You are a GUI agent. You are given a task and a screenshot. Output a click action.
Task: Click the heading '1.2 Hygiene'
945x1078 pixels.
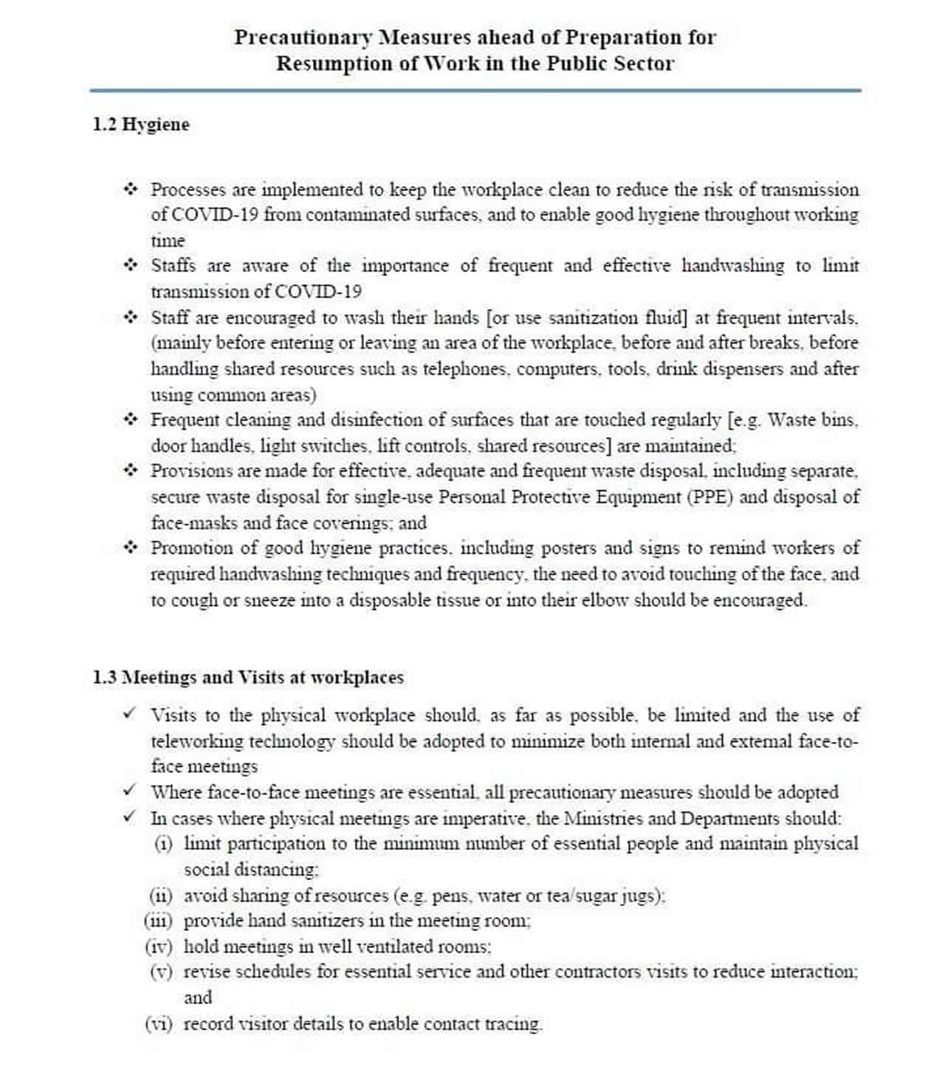click(141, 125)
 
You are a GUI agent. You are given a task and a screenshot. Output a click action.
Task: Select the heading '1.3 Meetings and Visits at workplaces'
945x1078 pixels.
click(248, 677)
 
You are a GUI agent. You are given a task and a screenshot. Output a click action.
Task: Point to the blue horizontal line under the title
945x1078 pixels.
click(475, 91)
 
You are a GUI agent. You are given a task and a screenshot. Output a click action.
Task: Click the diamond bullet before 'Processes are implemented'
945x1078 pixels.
click(131, 189)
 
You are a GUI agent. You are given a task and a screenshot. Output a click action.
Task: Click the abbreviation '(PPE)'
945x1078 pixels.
click(709, 497)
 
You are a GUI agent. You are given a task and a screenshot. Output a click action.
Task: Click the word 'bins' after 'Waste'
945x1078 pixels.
click(839, 420)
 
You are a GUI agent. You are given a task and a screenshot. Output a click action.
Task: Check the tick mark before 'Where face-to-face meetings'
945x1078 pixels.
click(130, 791)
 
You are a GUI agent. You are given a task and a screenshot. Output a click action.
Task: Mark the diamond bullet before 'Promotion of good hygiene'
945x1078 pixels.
click(131, 548)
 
